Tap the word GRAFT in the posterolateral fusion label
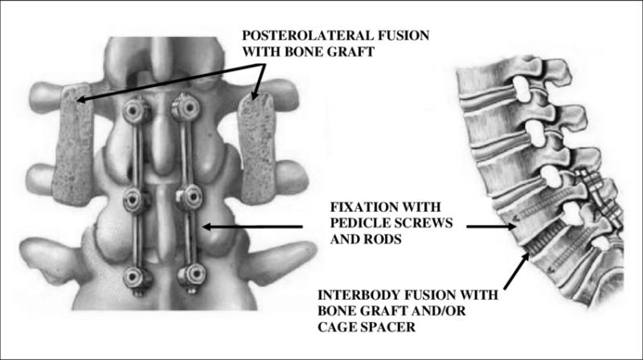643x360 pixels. click(x=352, y=51)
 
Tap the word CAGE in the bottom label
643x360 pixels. click(x=337, y=327)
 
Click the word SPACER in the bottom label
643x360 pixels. click(x=388, y=327)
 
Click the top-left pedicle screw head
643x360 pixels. click(x=134, y=110)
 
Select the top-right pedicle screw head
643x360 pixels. click(x=187, y=108)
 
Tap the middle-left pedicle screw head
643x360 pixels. click(x=134, y=199)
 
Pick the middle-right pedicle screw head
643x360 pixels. click(x=189, y=196)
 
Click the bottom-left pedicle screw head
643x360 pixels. click(x=134, y=278)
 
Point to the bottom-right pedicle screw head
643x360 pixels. click(x=190, y=275)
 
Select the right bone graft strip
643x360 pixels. click(x=258, y=148)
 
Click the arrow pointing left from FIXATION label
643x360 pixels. click(x=252, y=227)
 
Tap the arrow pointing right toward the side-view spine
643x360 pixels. click(x=491, y=226)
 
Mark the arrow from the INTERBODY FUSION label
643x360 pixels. click(x=517, y=271)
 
